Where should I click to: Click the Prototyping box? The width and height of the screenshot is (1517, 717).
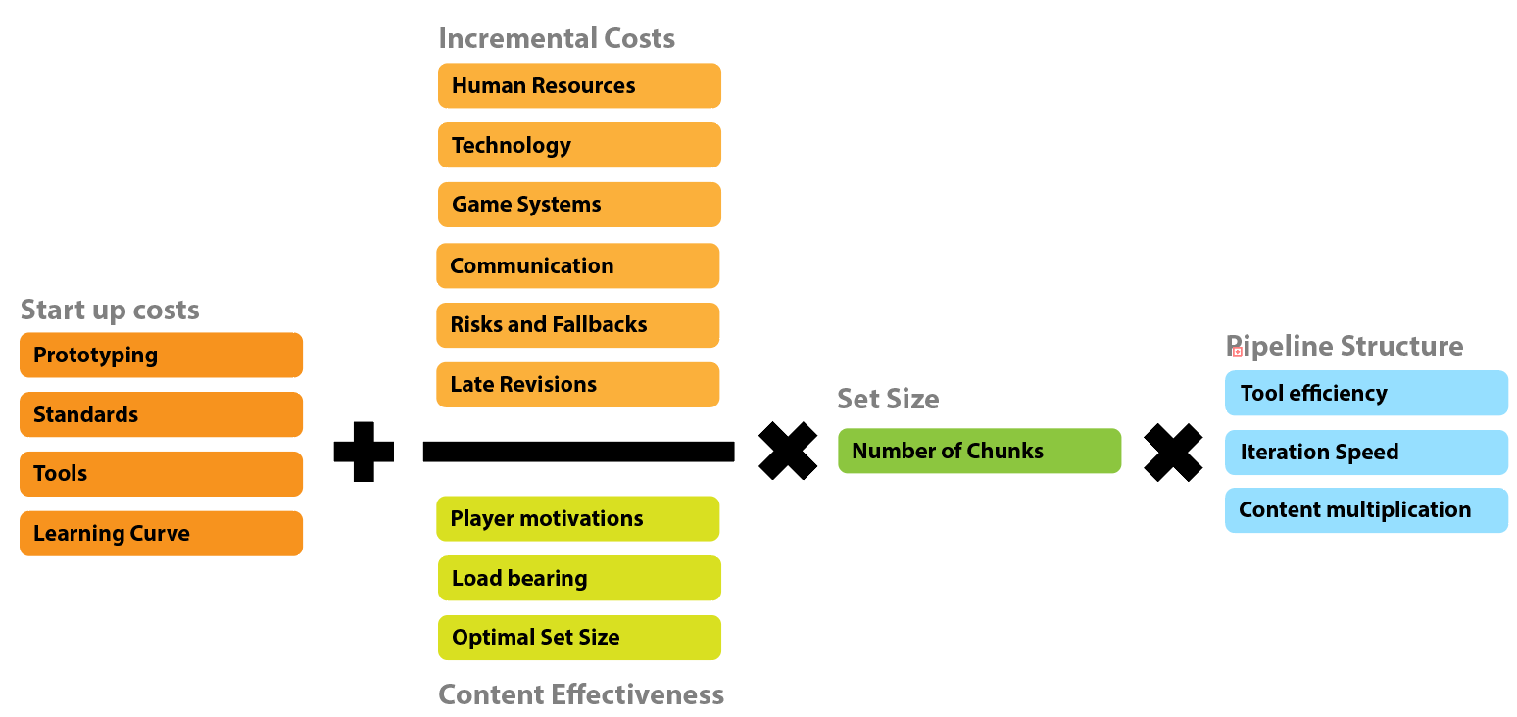coord(161,355)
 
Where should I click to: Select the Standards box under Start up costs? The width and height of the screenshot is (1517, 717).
coord(161,414)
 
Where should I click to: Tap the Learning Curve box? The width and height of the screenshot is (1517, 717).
coord(161,534)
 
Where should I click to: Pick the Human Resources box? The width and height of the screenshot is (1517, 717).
coord(579,86)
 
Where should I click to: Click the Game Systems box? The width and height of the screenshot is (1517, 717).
coord(579,205)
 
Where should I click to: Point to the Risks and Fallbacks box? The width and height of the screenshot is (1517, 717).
coord(577,325)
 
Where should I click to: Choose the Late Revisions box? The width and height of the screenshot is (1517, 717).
coord(577,385)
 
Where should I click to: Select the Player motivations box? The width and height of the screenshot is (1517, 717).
coord(577,518)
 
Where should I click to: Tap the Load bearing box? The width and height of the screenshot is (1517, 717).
coord(579,578)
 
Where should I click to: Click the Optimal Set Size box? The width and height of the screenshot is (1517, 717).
coord(579,638)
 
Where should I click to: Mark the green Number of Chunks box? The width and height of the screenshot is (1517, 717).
coord(979,451)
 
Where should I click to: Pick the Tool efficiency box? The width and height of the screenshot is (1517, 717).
coord(1366,393)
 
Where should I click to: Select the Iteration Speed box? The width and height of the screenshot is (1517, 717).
coord(1366,453)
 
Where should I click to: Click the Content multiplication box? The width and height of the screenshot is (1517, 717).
coord(1366,510)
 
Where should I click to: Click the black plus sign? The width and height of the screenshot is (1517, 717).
coord(364,452)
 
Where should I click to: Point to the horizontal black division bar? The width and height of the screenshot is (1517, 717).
coord(578,452)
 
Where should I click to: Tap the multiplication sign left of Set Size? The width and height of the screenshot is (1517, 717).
coord(788,452)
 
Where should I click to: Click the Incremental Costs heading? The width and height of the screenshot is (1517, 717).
coord(557,39)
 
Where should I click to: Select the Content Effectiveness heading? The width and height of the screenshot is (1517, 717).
coord(581,694)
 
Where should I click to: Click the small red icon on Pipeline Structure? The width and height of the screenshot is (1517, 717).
coord(1238,350)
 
